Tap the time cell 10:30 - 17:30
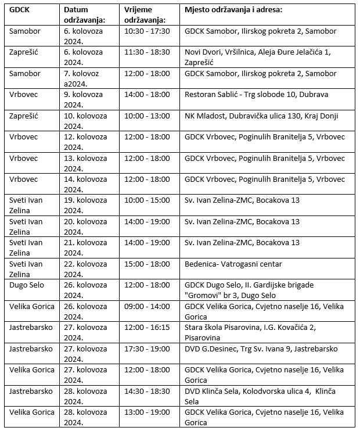click(147, 31)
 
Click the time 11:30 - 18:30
click(147, 52)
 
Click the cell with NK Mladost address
click(261, 116)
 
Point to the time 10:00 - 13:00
click(147, 116)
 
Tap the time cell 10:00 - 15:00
click(147, 200)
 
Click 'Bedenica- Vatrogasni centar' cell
click(233, 264)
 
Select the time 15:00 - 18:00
click(147, 264)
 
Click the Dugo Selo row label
click(27, 285)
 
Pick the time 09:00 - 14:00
click(147, 306)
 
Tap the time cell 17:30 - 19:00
click(147, 349)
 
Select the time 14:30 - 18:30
click(147, 391)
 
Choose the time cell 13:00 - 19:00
click(147, 412)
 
